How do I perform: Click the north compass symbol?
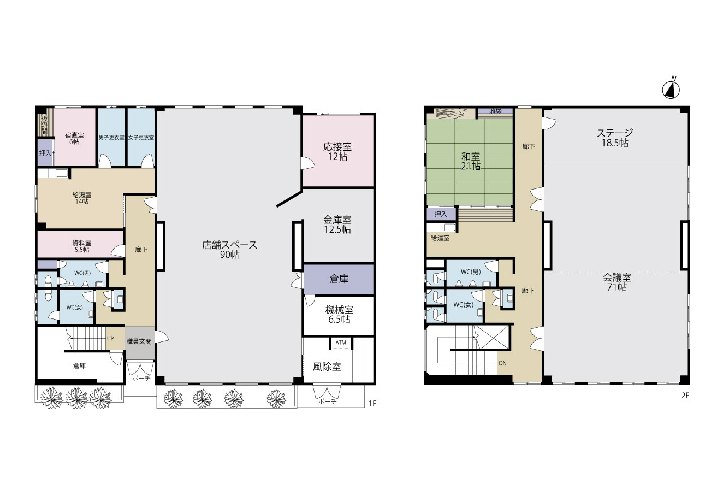671,90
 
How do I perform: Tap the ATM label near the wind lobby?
341,343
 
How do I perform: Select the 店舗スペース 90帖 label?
229,250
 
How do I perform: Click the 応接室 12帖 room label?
337,151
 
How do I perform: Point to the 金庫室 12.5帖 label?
337,225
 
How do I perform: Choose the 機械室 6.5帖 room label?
339,315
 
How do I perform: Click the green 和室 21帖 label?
471,161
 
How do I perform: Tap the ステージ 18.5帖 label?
615,138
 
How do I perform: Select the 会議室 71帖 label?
617,282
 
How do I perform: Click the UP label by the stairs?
110,338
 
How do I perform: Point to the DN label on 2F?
502,363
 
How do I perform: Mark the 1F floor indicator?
372,403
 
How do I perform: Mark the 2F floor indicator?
685,396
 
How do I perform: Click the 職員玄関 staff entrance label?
139,341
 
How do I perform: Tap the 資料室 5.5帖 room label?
82,246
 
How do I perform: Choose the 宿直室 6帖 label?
74,138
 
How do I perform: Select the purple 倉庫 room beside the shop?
339,279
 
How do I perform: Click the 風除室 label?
327,367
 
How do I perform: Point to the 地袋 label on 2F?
495,111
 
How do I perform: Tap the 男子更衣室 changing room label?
111,138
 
